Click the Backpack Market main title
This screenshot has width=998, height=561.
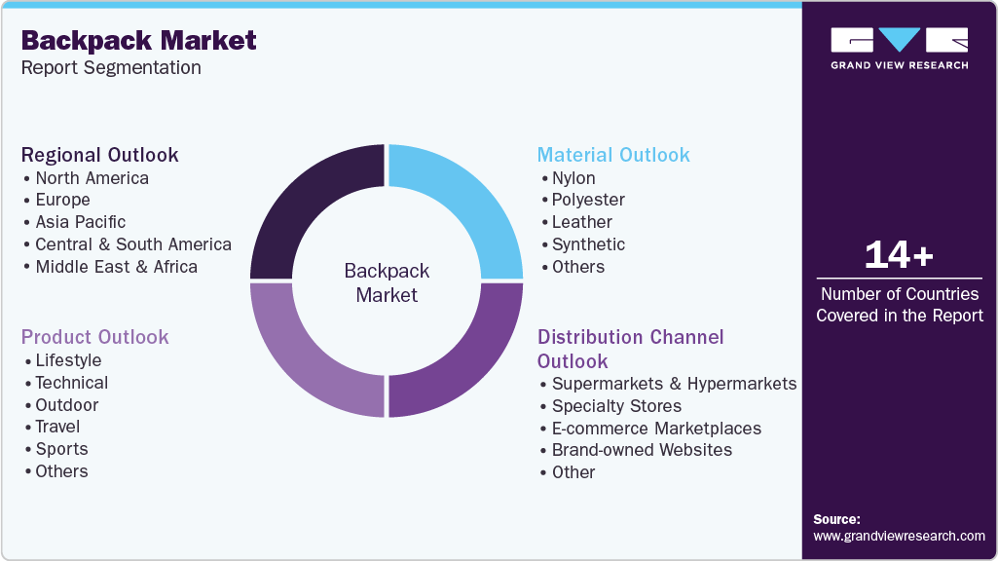click(x=138, y=40)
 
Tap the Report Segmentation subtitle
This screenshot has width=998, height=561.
click(x=111, y=67)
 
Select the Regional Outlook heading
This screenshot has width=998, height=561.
click(x=100, y=155)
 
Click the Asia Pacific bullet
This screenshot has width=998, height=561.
click(x=80, y=222)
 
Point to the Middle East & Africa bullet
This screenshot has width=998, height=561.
click(x=116, y=267)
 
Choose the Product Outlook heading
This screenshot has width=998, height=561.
click(x=95, y=337)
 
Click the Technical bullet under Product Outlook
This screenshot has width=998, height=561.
click(x=71, y=383)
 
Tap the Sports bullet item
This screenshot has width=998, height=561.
click(x=61, y=449)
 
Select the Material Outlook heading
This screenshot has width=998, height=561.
click(x=613, y=155)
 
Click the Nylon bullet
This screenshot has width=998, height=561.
click(x=573, y=178)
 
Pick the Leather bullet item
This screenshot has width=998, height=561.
click(x=581, y=222)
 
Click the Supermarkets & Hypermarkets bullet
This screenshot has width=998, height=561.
click(x=674, y=384)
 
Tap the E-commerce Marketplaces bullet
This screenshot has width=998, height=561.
click(x=656, y=429)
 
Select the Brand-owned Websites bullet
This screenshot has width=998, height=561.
click(x=642, y=450)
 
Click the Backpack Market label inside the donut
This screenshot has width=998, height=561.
click(x=387, y=282)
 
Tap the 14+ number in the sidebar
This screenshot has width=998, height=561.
click(x=899, y=255)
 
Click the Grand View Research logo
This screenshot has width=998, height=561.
click(x=899, y=48)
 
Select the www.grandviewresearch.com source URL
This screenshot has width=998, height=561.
click(x=899, y=536)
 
